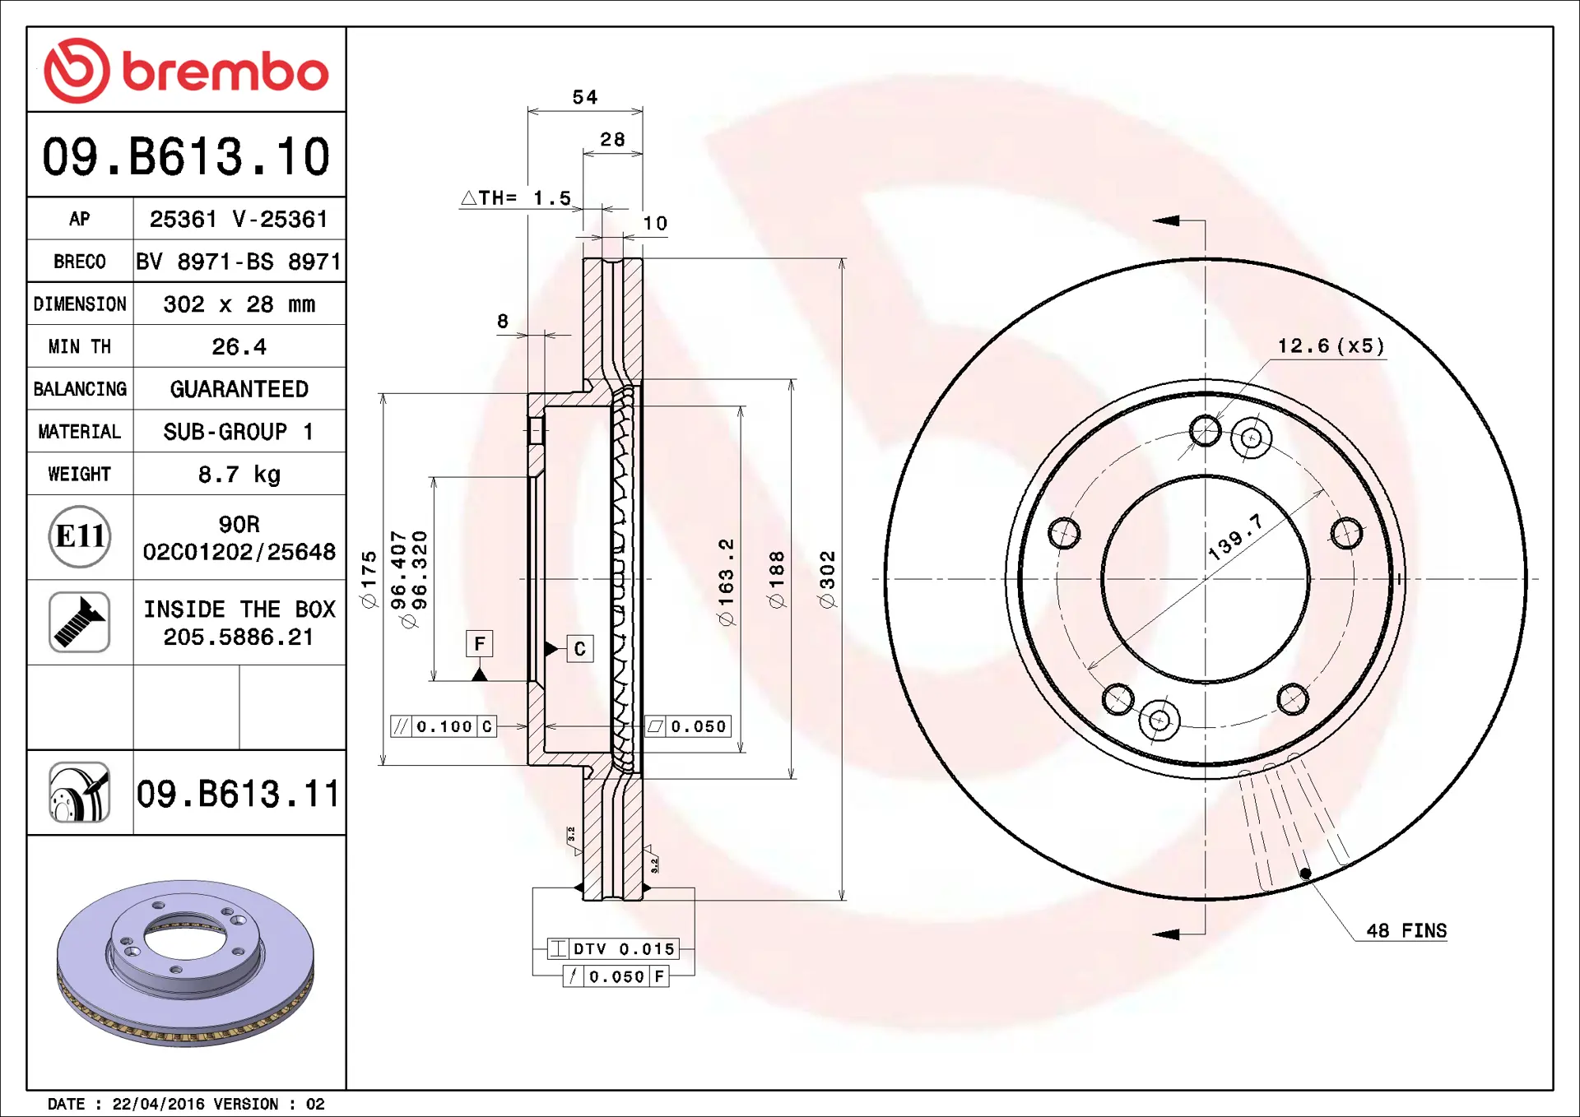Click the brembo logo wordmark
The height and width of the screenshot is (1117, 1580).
point(225,72)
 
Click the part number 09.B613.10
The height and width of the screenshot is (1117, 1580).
point(186,156)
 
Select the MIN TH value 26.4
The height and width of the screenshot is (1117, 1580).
point(239,347)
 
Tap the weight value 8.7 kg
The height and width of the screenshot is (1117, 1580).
point(239,475)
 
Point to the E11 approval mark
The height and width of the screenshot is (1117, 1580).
point(80,537)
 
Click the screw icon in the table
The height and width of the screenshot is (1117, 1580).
point(80,622)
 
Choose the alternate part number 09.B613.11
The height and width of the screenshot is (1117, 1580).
point(238,794)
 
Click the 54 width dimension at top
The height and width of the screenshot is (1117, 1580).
point(585,97)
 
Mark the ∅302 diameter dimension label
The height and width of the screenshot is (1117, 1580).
point(827,579)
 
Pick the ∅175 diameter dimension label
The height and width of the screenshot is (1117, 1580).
point(369,579)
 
